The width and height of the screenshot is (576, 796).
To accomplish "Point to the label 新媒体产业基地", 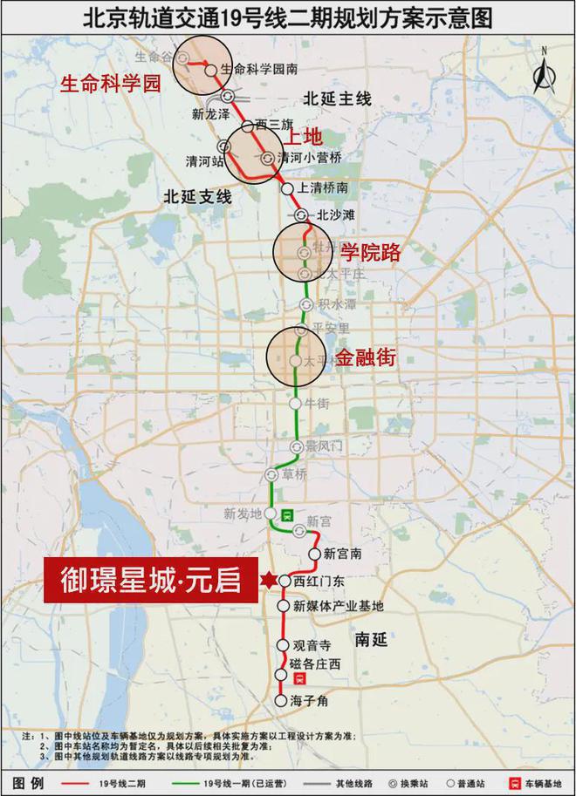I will coord(338,606).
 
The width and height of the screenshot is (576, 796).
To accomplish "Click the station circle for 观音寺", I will coord(283,645).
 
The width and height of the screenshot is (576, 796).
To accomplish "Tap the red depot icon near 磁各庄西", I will coord(299,677).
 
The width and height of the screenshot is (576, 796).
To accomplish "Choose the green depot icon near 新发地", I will coord(287,514).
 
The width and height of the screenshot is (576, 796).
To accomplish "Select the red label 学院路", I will coord(370,253).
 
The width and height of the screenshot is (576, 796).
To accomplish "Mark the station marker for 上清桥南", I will coord(287,188).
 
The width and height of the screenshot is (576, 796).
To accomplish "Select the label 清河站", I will coord(205,161).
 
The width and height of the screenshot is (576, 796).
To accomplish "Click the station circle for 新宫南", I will coord(315,554).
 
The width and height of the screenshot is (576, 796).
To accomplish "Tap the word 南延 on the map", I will coord(371,638).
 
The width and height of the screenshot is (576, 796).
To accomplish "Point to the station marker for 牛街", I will coord(298,404).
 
